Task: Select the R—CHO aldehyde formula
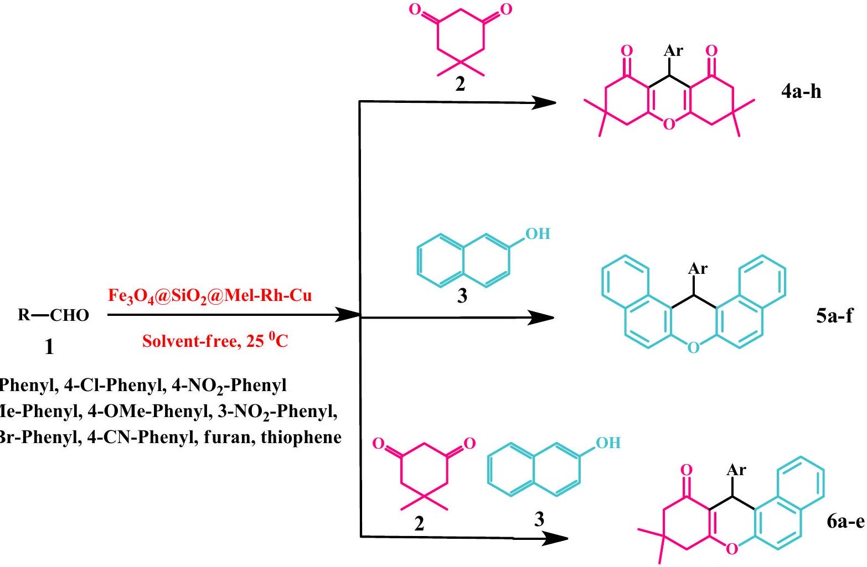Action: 50,315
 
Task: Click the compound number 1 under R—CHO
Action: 49,347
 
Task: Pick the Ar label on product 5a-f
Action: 697,269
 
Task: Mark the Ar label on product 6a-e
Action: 736,470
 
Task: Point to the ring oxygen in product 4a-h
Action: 669,124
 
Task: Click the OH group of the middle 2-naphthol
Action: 537,233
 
